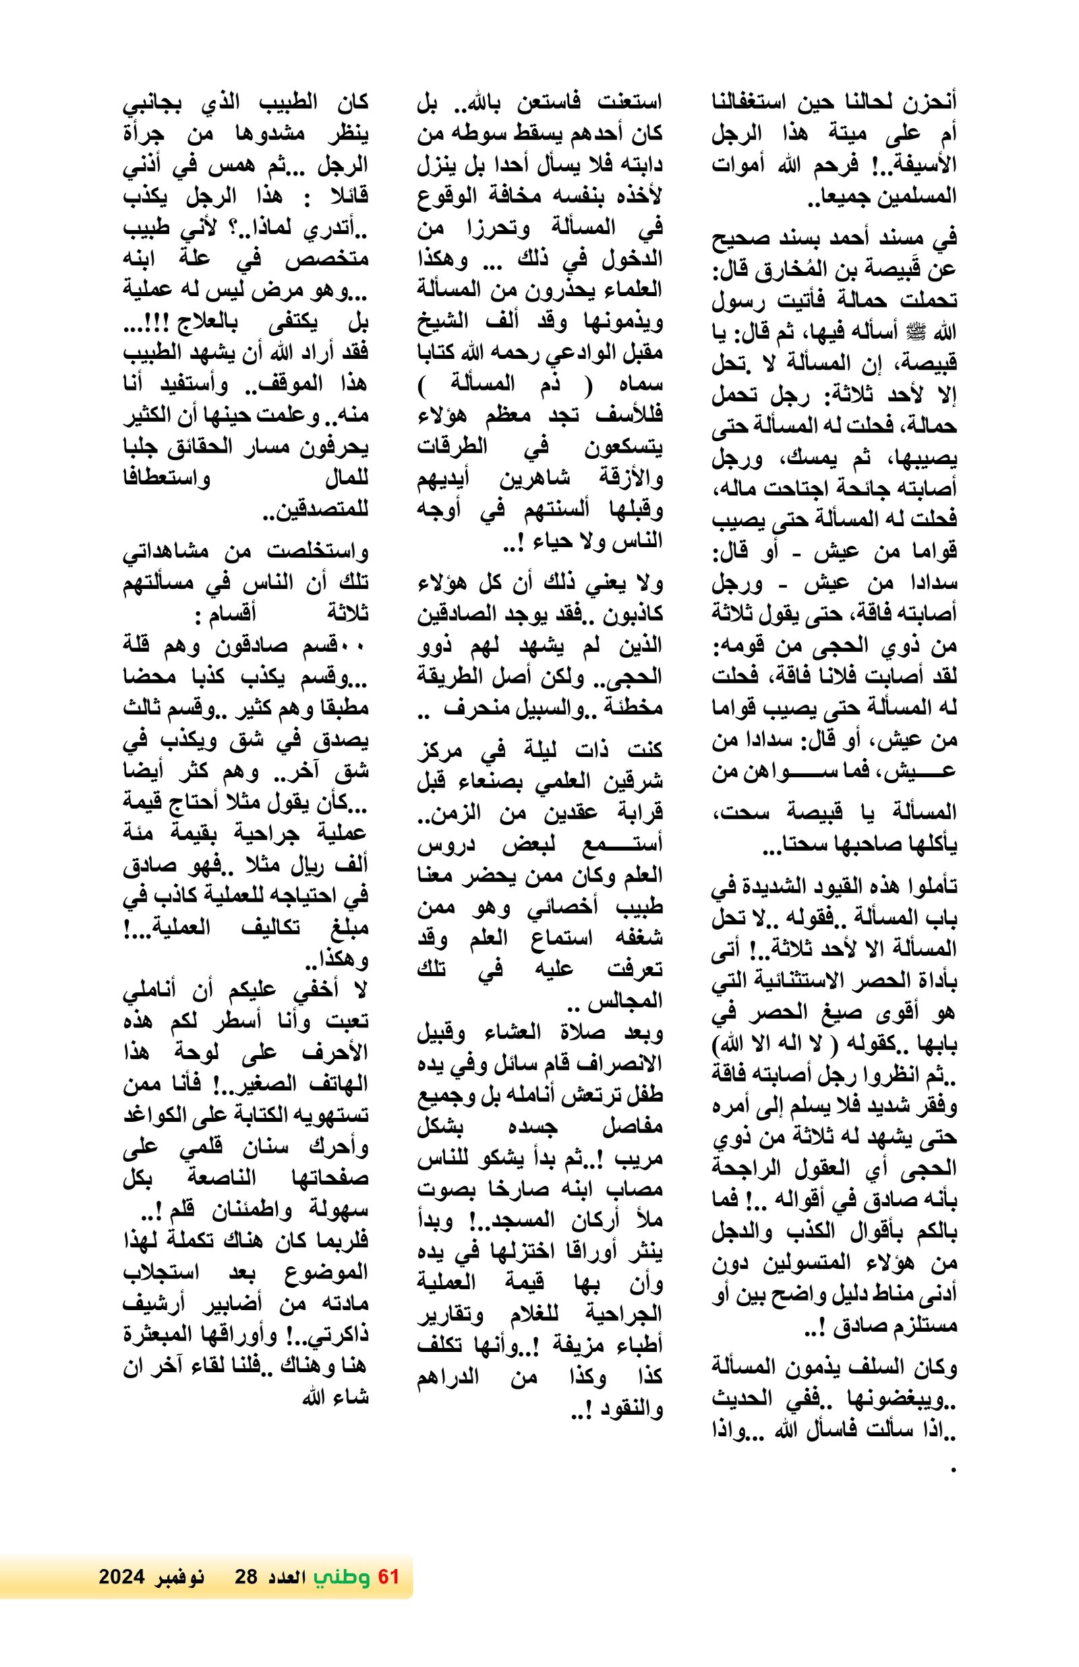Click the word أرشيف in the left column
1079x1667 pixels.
click(x=155, y=1304)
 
